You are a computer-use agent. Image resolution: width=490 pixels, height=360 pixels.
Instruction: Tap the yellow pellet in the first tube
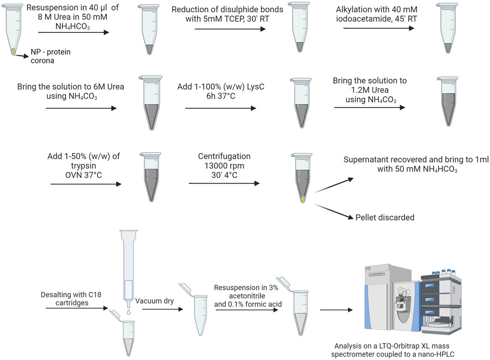click(14, 51)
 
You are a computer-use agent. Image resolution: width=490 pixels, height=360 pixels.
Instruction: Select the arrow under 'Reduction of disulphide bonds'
click(230, 29)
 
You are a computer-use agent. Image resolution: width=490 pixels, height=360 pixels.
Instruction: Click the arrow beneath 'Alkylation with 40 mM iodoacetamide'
click(378, 28)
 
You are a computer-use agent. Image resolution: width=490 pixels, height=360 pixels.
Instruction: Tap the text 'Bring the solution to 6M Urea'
click(70, 87)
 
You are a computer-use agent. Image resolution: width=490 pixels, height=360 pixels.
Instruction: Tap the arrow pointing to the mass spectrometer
click(336, 310)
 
